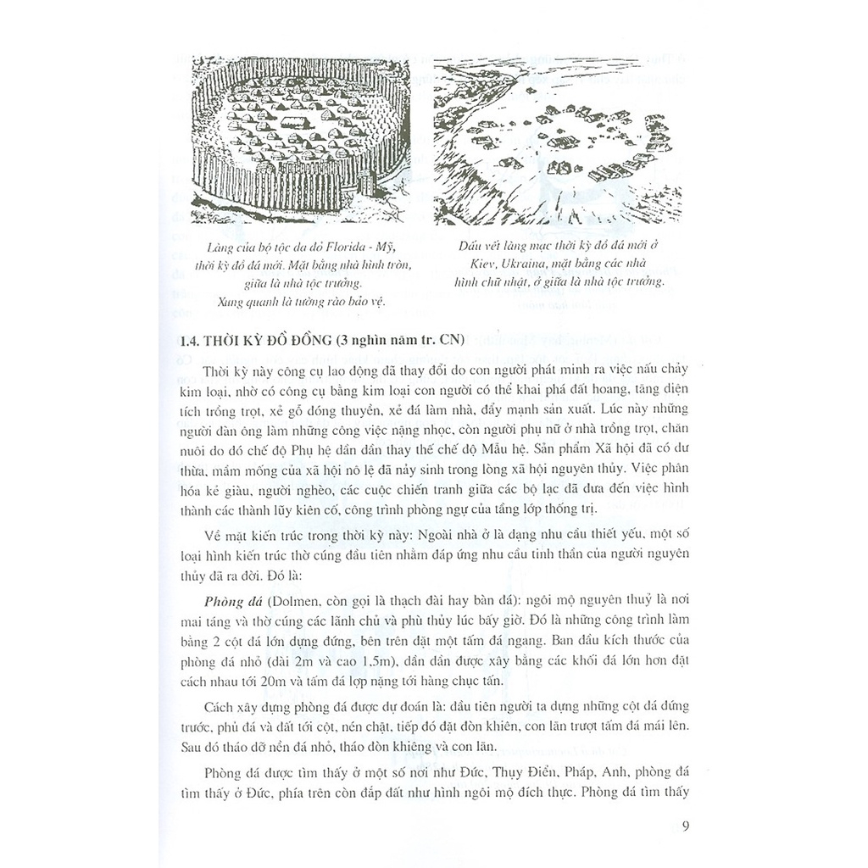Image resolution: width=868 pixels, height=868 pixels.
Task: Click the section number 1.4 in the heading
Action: click(x=195, y=342)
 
